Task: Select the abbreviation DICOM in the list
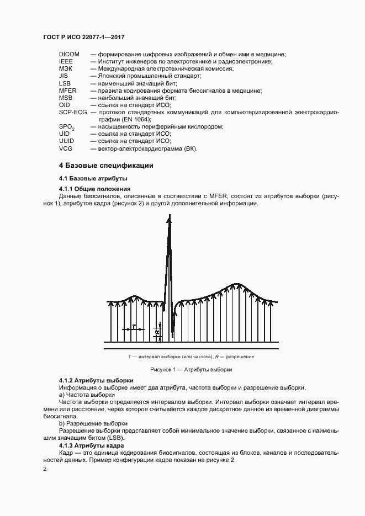pyautogui.click(x=69, y=54)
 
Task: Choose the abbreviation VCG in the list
pyautogui.click(x=65, y=148)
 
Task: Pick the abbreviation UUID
pyautogui.click(x=66, y=141)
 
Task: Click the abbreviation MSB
pyautogui.click(x=65, y=98)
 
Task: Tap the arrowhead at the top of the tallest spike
pyautogui.click(x=170, y=219)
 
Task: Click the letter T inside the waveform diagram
pyautogui.click(x=134, y=327)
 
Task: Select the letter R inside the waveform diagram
pyautogui.click(x=157, y=332)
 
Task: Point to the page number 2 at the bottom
pyautogui.click(x=45, y=469)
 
